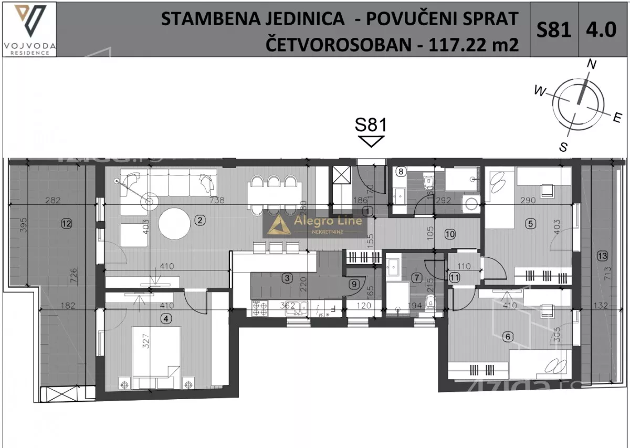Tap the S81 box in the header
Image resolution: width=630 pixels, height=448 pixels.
tap(553, 29)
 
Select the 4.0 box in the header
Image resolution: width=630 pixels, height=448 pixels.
tap(604, 29)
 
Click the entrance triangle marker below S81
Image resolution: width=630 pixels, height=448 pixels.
tap(371, 141)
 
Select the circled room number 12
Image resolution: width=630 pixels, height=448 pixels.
tap(66, 223)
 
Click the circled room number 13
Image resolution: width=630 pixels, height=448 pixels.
tap(602, 256)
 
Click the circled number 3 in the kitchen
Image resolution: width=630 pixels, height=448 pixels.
tap(286, 279)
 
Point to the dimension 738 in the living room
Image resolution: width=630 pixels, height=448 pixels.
tap(217, 200)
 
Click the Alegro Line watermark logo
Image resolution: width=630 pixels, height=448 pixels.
tap(314, 225)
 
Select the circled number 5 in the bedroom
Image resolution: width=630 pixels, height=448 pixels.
tap(530, 223)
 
